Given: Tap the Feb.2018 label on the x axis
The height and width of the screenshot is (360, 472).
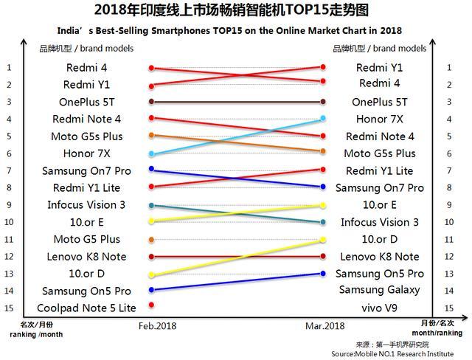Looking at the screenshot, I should [x=158, y=325].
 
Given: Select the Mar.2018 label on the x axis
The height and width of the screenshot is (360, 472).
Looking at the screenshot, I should [x=324, y=325].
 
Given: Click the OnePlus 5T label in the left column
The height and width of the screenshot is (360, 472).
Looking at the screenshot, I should [x=86, y=102].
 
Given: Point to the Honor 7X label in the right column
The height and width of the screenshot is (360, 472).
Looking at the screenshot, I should [x=379, y=119].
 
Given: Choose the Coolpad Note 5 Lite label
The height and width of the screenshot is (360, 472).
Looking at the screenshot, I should [x=86, y=308].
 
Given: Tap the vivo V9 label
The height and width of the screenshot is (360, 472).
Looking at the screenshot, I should [x=379, y=308].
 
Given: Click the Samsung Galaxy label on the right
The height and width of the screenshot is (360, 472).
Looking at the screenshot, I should [x=379, y=290].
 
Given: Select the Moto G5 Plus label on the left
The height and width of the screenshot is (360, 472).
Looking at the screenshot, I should [x=86, y=239].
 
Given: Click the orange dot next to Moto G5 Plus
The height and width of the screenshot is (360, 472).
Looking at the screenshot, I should [x=151, y=240].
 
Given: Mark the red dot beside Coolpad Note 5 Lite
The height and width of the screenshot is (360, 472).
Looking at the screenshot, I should [x=151, y=304].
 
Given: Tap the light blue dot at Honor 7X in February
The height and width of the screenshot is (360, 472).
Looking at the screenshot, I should [x=151, y=154].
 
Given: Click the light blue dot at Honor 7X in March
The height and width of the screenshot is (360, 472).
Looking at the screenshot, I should [x=323, y=119].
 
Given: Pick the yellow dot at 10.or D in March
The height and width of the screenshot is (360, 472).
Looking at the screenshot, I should [x=323, y=240].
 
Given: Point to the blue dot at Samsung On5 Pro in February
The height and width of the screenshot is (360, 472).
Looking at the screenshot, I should [x=151, y=290].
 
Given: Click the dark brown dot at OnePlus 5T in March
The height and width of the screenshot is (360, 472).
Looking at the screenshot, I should [x=323, y=102].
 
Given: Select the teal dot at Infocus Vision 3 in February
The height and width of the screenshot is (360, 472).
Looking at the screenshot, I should [x=151, y=205].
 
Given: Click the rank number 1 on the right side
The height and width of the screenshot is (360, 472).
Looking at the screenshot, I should [x=448, y=67].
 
